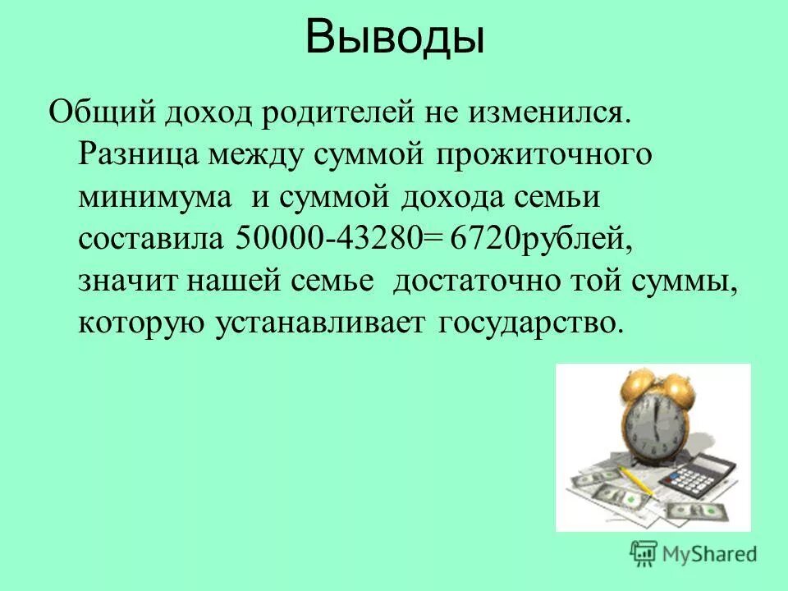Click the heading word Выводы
click(x=394, y=39)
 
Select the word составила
click(x=151, y=238)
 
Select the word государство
click(x=526, y=323)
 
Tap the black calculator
click(x=702, y=475)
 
